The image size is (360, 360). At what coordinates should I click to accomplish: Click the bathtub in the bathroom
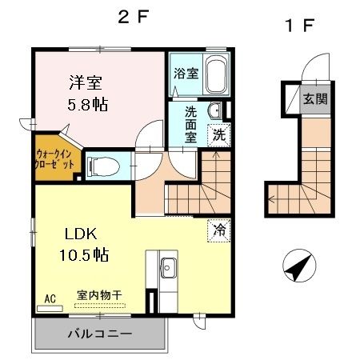pos(215,75)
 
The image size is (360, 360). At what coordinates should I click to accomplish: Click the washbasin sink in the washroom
pos(213,111)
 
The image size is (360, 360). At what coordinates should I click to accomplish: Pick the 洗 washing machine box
pos(218,135)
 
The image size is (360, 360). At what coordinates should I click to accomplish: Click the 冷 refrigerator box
pos(218,230)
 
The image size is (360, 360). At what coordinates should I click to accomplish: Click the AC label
pos(50,299)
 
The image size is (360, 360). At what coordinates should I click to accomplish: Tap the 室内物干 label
pos(99,295)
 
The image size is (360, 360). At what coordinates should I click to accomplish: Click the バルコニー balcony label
pos(99,334)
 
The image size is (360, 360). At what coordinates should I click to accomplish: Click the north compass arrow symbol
pos(297,266)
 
